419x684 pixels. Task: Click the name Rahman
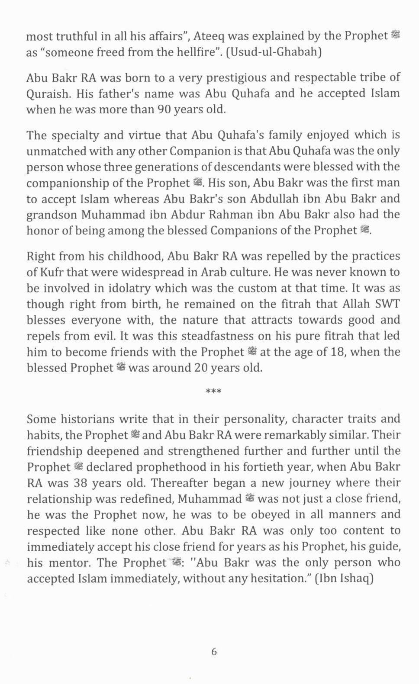click(234, 215)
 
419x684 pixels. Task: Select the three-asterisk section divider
click(213, 392)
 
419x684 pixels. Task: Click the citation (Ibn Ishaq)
click(344, 579)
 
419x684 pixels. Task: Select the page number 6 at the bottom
click(214, 652)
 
